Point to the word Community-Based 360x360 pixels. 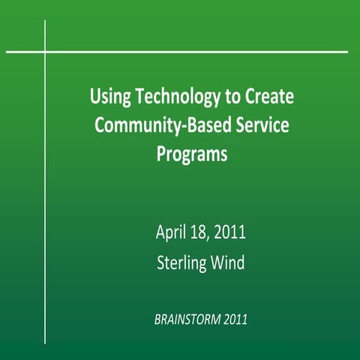click(153, 125)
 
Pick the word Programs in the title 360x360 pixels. click(192, 154)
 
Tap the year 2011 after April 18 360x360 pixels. click(230, 232)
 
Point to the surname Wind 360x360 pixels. click(229, 262)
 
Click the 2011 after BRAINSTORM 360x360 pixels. click(233, 319)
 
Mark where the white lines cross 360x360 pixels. click(46, 52)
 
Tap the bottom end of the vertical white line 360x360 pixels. click(46, 343)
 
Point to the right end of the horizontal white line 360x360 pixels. click(347, 52)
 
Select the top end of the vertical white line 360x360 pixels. click(46, 21)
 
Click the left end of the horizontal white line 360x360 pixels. click(6, 52)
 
